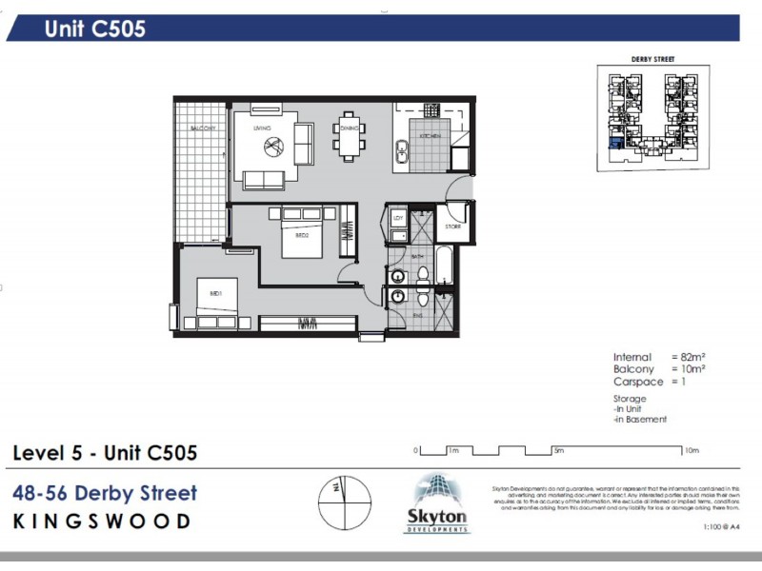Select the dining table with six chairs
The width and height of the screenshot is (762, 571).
click(349, 137)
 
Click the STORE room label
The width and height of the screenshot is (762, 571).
click(452, 227)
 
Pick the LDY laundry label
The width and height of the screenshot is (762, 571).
click(399, 219)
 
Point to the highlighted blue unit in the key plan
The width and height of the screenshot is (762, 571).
click(615, 143)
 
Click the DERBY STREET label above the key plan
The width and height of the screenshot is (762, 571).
click(652, 59)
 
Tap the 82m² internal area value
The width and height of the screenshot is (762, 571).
click(688, 358)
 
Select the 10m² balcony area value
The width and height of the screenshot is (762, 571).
click(688, 368)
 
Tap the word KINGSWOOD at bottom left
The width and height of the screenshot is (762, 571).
click(102, 522)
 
